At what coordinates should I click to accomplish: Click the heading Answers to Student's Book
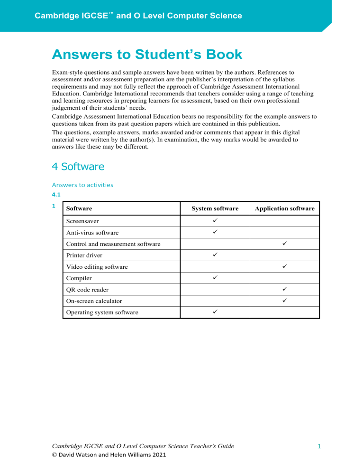147,55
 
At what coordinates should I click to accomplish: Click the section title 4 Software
79,167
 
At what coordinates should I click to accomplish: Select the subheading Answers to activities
82,185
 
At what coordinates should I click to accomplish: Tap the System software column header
215,208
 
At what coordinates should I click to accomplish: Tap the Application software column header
284,208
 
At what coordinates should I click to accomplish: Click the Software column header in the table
79,208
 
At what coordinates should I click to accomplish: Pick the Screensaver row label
82,221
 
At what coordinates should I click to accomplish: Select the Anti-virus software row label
92,233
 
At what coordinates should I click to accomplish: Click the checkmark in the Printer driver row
215,255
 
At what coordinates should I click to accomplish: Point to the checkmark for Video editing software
284,266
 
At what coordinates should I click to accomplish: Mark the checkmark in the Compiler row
215,278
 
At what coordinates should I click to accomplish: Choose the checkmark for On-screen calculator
284,301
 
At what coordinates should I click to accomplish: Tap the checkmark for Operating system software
215,312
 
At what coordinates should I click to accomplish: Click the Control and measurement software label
113,244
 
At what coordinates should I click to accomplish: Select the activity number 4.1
57,195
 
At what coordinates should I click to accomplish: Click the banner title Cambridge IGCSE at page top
138,16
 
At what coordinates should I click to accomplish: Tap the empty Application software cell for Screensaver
284,221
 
